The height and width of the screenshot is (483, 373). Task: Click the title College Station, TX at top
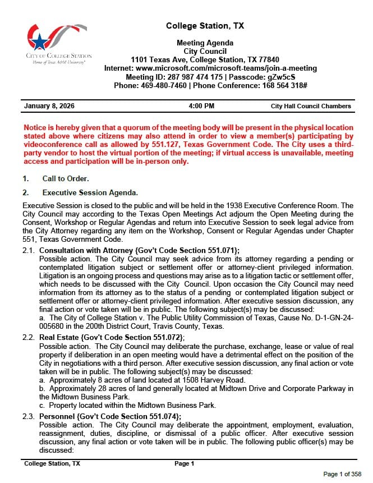pyautogui.click(x=205, y=26)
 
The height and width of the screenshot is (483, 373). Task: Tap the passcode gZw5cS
pyautogui.click(x=282, y=77)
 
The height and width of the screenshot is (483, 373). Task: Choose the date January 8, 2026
pyautogui.click(x=49, y=106)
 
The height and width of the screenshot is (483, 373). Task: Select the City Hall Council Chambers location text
pyautogui.click(x=310, y=106)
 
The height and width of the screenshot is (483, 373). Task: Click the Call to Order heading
pyautogui.click(x=66, y=179)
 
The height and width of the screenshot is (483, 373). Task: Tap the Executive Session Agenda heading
pyautogui.click(x=90, y=193)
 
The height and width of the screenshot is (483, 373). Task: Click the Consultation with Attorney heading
pyautogui.click(x=140, y=250)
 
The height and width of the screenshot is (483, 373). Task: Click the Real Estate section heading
pyautogui.click(x=112, y=337)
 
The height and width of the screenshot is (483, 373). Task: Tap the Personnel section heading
pyautogui.click(x=110, y=416)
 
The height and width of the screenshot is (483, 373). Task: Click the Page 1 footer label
pyautogui.click(x=184, y=464)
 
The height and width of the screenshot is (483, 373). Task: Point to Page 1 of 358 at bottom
pyautogui.click(x=342, y=474)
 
